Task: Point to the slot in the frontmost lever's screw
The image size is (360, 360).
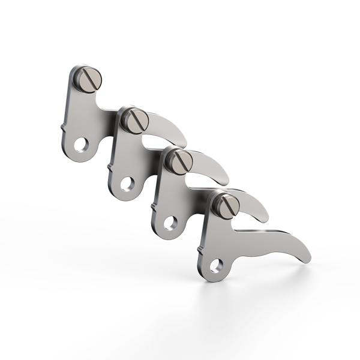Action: click(x=227, y=205)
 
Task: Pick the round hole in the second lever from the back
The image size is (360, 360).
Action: click(x=127, y=184)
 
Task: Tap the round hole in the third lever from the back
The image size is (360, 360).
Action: click(x=172, y=223)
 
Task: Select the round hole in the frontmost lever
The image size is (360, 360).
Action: click(x=216, y=265)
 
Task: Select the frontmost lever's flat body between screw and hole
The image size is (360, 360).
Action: click(x=216, y=237)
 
